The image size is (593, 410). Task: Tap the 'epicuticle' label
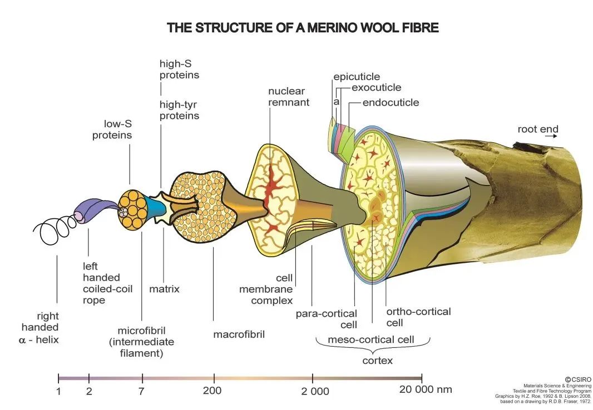pyautogui.click(x=357, y=77)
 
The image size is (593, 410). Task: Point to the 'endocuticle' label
pyautogui.click(x=391, y=102)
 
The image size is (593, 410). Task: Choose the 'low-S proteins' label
pyautogui.click(x=112, y=129)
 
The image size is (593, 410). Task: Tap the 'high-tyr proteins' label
pyautogui.click(x=179, y=111)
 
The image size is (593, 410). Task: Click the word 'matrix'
pyautogui.click(x=164, y=289)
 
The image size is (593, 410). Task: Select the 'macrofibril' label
pyautogui.click(x=239, y=334)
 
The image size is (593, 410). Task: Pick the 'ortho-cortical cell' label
pyautogui.click(x=418, y=317)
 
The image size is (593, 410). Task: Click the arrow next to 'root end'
pyautogui.click(x=551, y=136)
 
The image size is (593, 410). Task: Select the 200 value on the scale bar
pyautogui.click(x=212, y=391)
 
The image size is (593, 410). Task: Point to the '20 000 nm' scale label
pyautogui.click(x=426, y=389)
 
